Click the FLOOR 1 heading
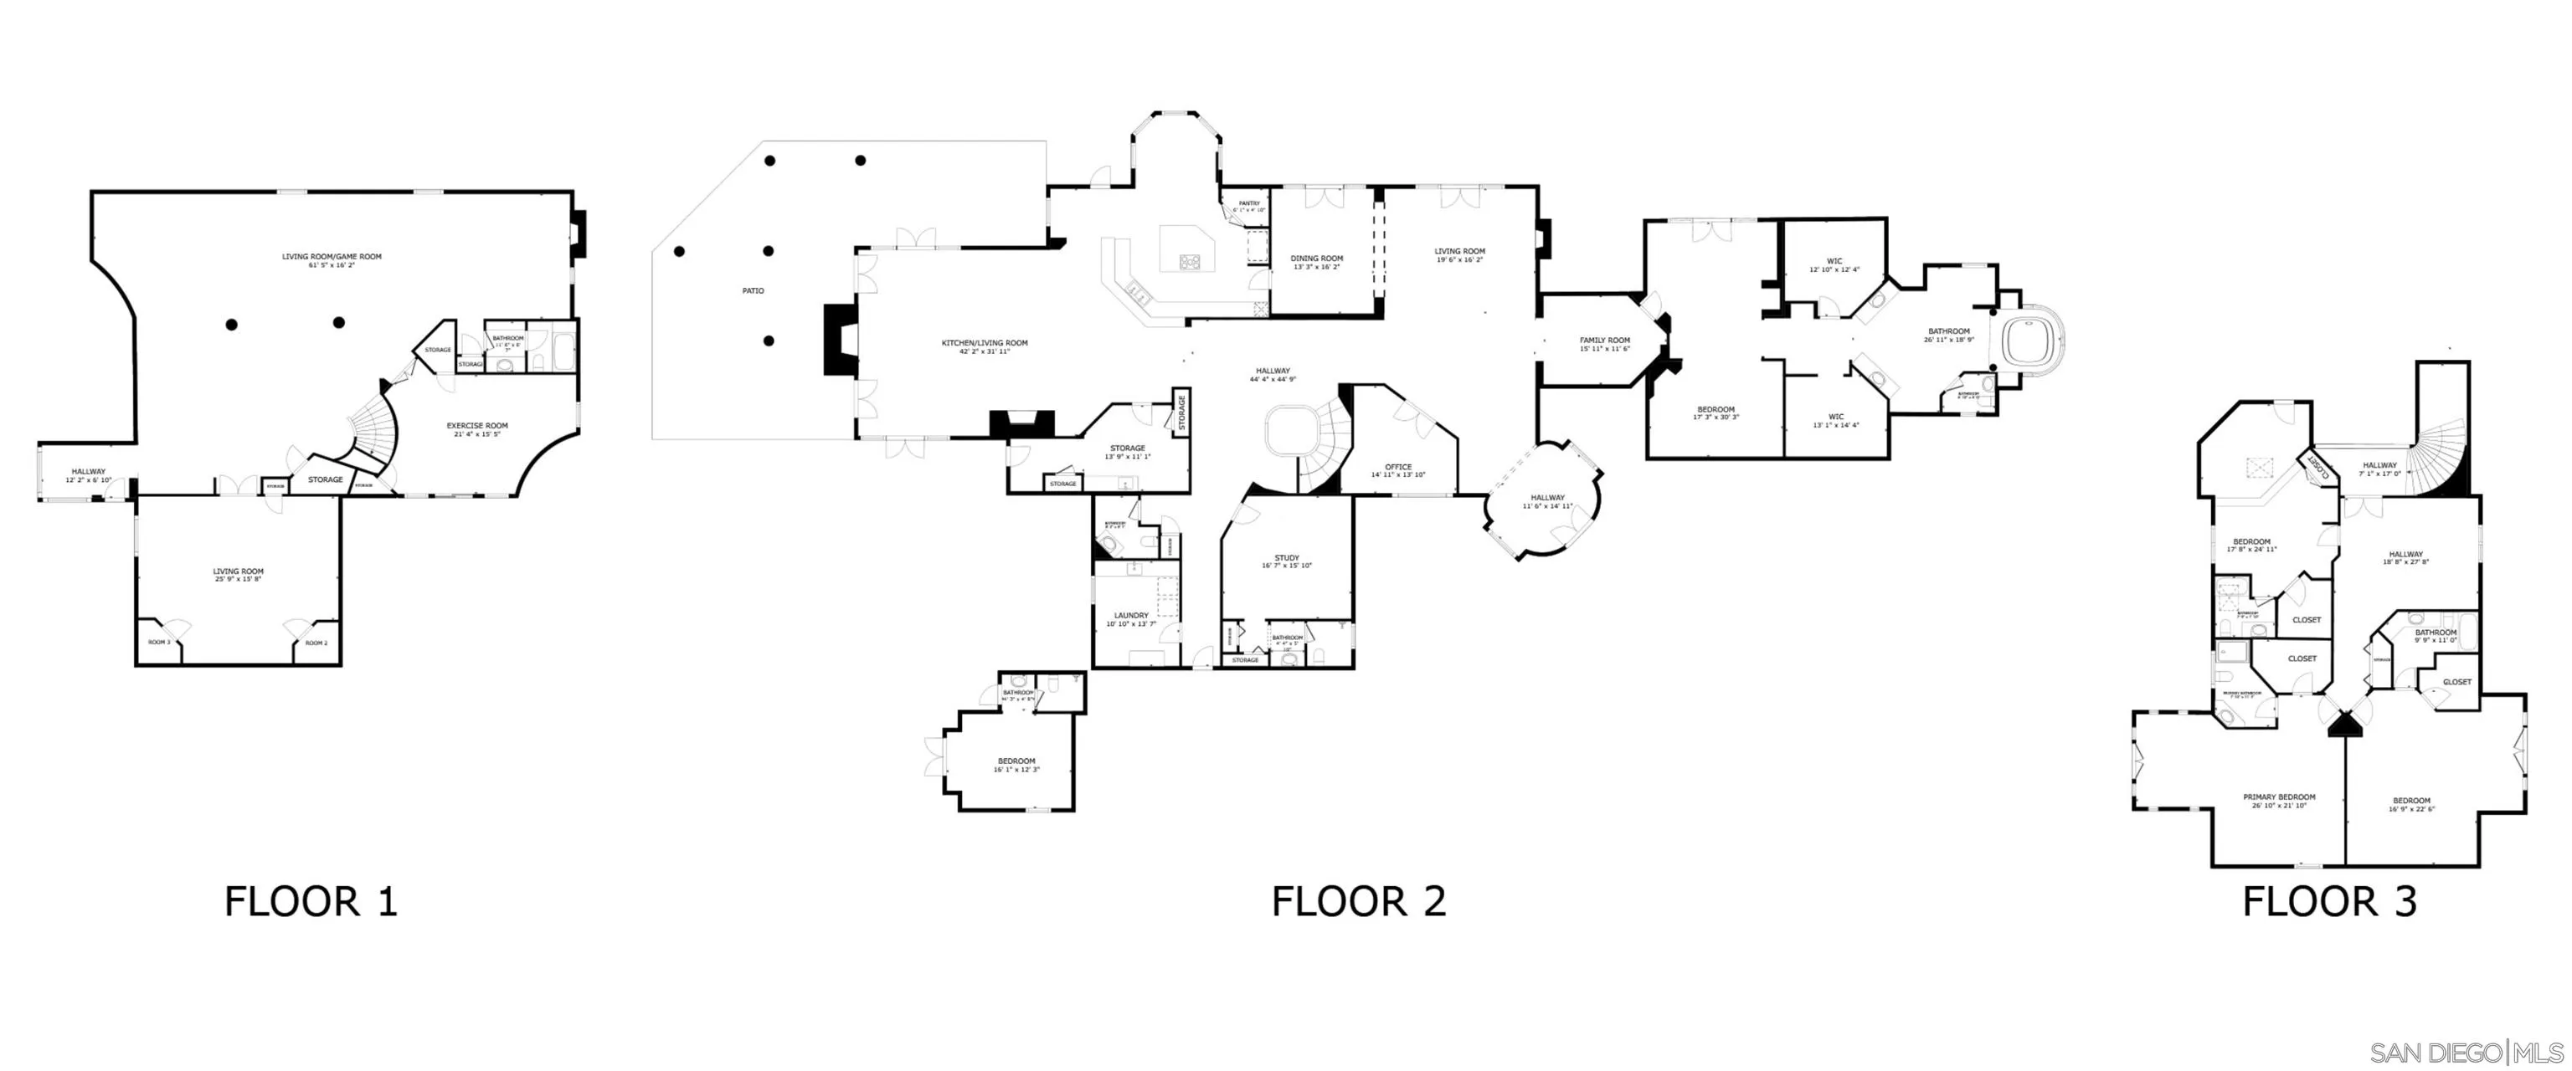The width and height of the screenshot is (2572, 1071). (x=311, y=901)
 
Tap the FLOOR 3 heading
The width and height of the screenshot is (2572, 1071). (x=2328, y=901)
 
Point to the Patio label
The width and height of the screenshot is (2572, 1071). (x=753, y=290)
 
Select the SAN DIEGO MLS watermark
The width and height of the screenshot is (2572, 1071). (x=2467, y=1051)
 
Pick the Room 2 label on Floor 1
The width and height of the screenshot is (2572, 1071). (x=316, y=643)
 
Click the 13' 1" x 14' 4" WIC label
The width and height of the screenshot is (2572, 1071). (x=1835, y=420)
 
